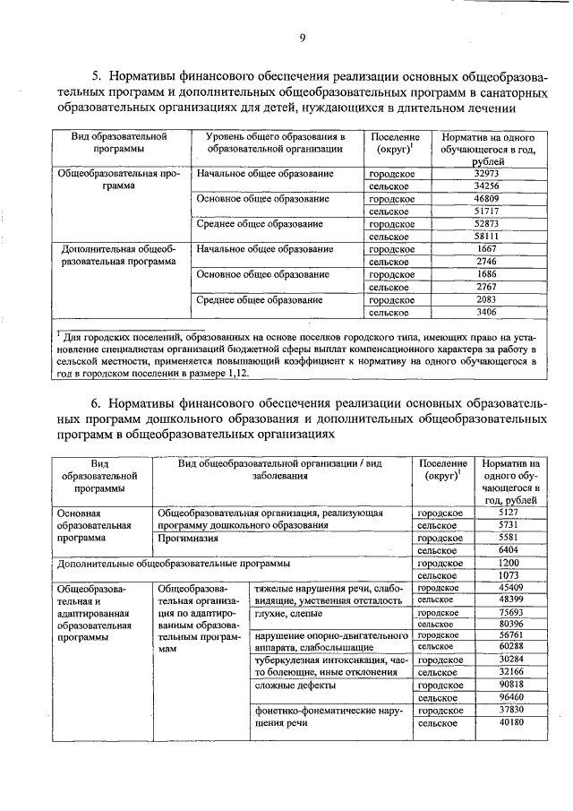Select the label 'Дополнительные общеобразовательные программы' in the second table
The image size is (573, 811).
[x=173, y=564]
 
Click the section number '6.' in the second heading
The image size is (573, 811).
[x=100, y=402]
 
